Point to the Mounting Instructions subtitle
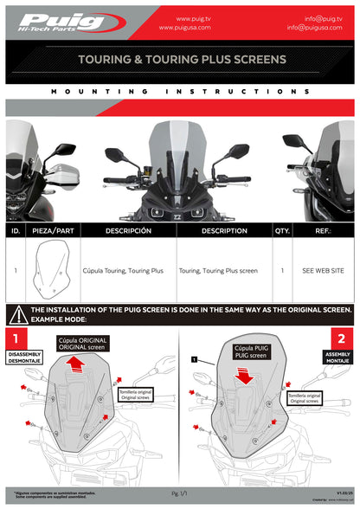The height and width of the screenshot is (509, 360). (180, 91)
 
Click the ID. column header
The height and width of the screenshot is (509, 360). (16, 231)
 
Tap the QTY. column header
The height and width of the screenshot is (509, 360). (282, 231)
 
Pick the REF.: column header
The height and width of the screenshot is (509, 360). (323, 231)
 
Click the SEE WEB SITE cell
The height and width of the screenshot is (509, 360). (323, 271)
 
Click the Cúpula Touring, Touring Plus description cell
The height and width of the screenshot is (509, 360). (123, 271)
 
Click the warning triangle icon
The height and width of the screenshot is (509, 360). (16, 314)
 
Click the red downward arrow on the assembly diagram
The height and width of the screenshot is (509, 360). (245, 375)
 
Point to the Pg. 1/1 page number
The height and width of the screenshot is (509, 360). (179, 493)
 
